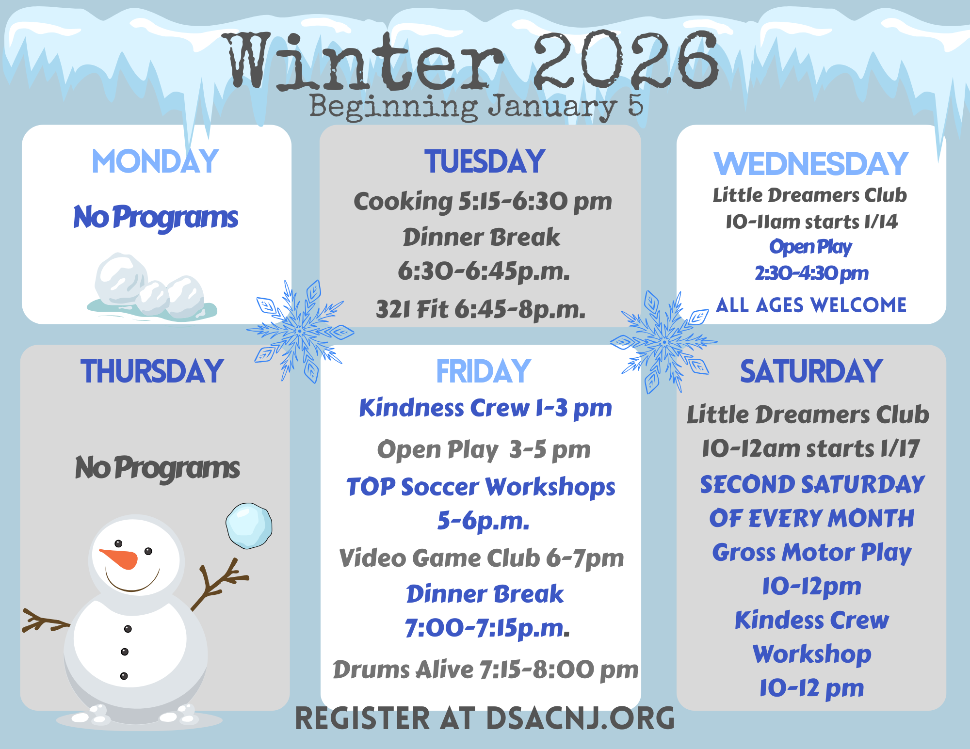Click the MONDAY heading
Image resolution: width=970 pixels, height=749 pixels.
point(155,161)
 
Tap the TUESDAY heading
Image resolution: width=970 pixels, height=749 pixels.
point(485,161)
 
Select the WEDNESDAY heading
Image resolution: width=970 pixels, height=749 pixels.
point(811,164)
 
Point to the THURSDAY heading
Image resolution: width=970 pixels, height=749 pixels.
point(152,371)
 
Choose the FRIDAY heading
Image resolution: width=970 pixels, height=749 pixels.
point(484,371)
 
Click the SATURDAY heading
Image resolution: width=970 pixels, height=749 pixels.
point(811,371)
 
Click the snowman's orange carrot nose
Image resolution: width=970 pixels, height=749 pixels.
point(119,558)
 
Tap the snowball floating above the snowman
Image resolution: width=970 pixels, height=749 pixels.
point(249,526)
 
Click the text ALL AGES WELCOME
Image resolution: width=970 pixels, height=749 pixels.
point(811,305)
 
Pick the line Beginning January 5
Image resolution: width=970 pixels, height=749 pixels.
point(476,107)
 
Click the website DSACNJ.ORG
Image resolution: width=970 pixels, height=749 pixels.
point(581,718)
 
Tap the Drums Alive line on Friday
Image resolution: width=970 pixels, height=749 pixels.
point(485,670)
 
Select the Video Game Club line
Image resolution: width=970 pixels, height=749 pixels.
point(482,558)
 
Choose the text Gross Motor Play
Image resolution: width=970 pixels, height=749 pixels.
point(812,553)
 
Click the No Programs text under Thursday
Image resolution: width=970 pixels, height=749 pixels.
point(157,468)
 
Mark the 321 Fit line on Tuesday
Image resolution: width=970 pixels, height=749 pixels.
point(481,309)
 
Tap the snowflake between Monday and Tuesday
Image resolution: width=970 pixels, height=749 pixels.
point(300,332)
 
